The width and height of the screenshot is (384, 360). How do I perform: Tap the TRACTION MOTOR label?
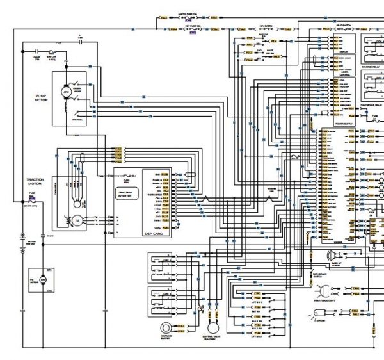pyautogui.click(x=34, y=183)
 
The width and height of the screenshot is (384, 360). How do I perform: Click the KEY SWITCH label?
pyautogui.click(x=267, y=27)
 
